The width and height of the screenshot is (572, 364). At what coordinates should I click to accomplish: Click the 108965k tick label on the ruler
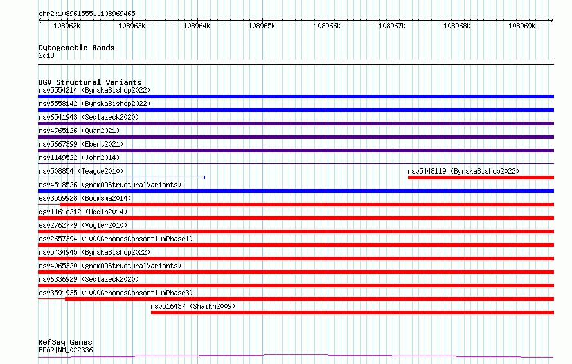click(262, 26)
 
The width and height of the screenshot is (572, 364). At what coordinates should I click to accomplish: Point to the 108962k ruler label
click(67, 26)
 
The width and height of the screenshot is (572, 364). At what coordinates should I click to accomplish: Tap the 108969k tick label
click(522, 26)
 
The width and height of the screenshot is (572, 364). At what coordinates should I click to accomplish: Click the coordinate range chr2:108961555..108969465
click(87, 14)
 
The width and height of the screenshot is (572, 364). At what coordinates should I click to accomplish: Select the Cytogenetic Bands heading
click(76, 48)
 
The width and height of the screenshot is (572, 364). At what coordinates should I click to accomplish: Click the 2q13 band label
click(46, 56)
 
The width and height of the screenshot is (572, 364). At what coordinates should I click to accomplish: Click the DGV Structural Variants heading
click(90, 82)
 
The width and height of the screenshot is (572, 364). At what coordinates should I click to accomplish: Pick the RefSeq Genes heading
click(65, 342)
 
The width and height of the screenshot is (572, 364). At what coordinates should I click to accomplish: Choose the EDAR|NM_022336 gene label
click(66, 350)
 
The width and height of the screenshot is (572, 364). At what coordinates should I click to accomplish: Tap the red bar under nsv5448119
click(481, 177)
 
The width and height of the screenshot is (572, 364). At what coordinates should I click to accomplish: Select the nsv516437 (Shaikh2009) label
click(193, 306)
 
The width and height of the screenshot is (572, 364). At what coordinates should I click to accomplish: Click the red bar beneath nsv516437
click(352, 313)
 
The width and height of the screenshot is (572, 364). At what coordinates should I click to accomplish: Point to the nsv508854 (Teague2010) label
click(81, 171)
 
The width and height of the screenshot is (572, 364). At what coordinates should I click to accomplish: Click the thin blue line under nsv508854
click(121, 177)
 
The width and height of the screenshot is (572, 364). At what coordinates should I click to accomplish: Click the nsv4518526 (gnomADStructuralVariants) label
click(110, 185)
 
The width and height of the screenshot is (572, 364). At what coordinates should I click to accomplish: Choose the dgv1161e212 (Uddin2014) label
click(83, 212)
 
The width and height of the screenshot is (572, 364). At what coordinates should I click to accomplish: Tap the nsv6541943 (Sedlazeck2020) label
click(89, 117)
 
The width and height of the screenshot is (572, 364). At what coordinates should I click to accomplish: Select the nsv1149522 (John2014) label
click(79, 158)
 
